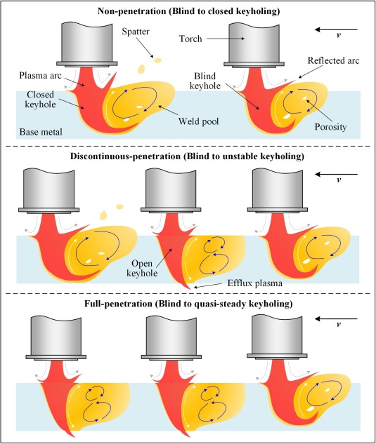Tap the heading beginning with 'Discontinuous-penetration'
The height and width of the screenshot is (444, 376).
tap(187, 156)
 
